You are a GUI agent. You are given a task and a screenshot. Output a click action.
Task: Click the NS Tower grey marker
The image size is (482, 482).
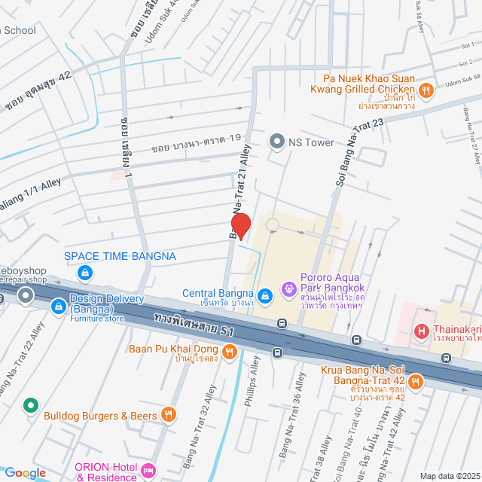pos(277,142)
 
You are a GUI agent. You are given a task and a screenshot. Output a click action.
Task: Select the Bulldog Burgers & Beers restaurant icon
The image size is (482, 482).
pos(169,414)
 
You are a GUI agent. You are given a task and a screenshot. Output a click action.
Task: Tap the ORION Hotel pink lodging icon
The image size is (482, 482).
pos(149,471)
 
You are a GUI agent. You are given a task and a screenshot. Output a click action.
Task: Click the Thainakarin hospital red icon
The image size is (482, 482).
pos(422,331)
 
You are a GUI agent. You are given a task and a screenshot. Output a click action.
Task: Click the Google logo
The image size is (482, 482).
pos(25,473)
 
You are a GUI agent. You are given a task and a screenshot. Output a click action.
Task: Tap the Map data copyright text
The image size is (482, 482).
pos(450,476)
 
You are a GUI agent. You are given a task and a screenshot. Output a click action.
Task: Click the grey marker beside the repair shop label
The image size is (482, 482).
pos(26,294)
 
